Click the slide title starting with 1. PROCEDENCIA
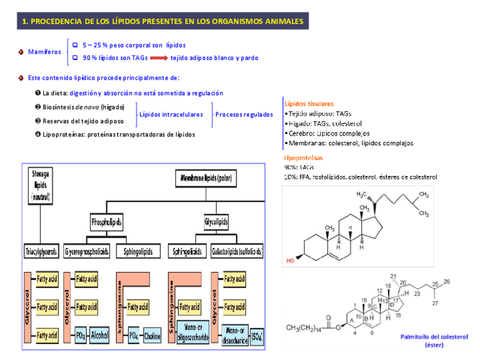pyautogui.click(x=163, y=22)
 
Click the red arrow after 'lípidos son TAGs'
pyautogui.click(x=159, y=58)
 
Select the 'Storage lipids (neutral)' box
pyautogui.click(x=41, y=185)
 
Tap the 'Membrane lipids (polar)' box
pyautogui.click(x=207, y=179)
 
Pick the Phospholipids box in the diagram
pyautogui.click(x=106, y=222)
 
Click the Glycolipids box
pyautogui.click(x=216, y=222)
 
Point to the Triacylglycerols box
pyautogui.click(x=41, y=251)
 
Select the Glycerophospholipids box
pyautogui.click(x=87, y=251)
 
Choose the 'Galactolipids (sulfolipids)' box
pyautogui.click(x=238, y=251)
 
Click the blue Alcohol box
pyautogui.click(x=99, y=335)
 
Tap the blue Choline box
pyautogui.click(x=152, y=335)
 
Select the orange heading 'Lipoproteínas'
pyautogui.click(x=304, y=158)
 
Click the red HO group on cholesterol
pyautogui.click(x=290, y=261)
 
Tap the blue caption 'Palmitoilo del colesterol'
pyautogui.click(x=434, y=337)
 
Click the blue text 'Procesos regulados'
pyautogui.click(x=244, y=114)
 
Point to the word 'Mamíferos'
pyautogui.click(x=44, y=52)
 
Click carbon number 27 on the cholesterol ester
pyautogui.click(x=435, y=303)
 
